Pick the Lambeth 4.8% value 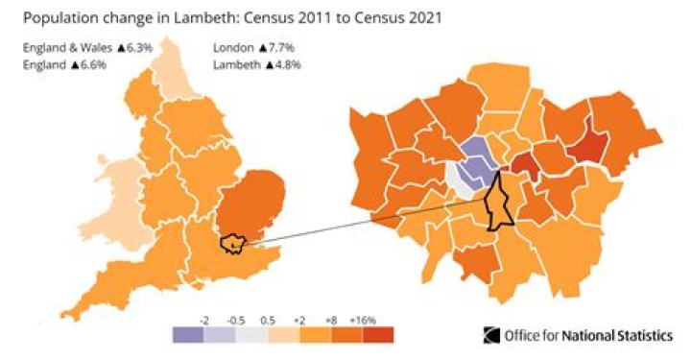(278, 63)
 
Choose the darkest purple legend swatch (188, 334)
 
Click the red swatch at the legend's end (378, 334)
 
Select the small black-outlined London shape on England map (232, 244)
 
